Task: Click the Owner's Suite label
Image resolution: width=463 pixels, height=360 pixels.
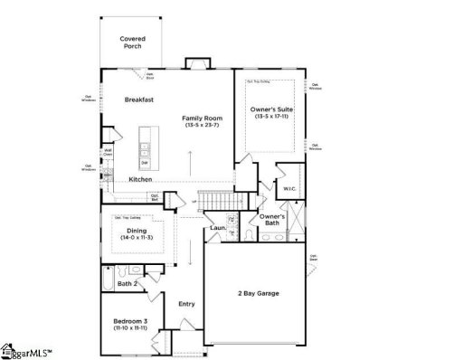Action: click(270, 110)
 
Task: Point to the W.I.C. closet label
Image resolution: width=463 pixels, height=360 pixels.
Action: click(289, 188)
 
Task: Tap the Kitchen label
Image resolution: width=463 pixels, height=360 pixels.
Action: click(139, 179)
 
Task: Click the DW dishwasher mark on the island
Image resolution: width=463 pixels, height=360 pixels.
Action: click(144, 163)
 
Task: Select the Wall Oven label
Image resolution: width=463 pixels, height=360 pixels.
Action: click(108, 153)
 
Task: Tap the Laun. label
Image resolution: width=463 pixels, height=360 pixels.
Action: click(218, 228)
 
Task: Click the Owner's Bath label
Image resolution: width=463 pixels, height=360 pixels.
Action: click(272, 219)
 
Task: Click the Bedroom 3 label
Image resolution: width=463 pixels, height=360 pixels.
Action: click(129, 321)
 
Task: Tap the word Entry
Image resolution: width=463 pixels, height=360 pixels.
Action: click(187, 304)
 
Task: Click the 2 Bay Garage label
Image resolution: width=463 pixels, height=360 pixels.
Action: click(257, 293)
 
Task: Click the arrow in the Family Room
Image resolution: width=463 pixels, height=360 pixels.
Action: click(191, 165)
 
